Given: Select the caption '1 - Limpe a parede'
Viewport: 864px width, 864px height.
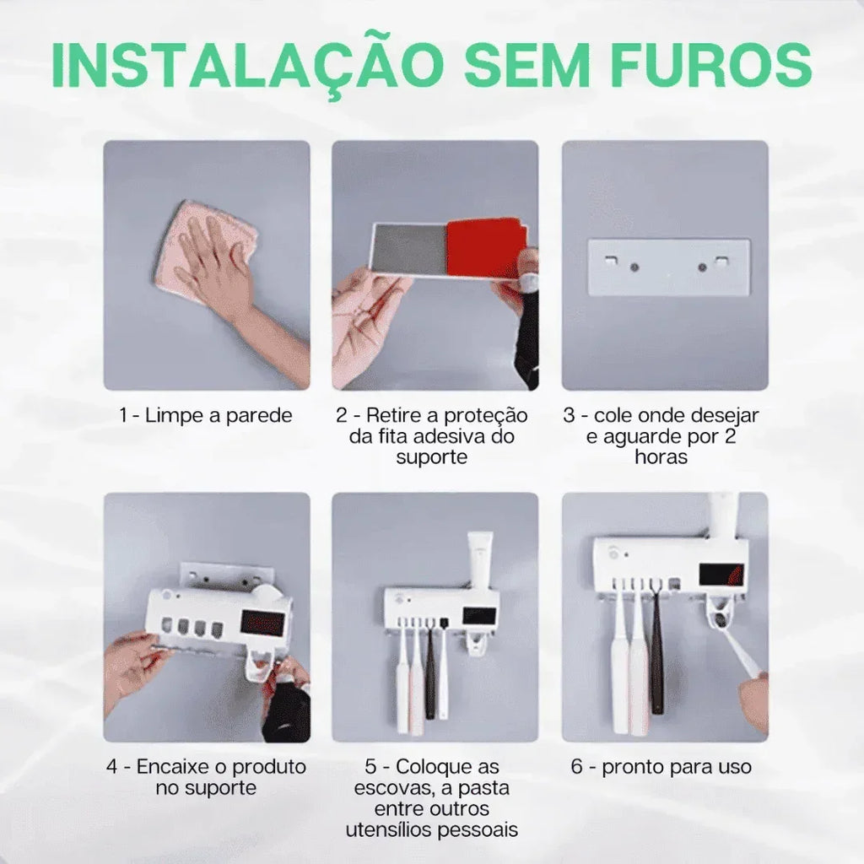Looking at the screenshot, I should tap(206, 415).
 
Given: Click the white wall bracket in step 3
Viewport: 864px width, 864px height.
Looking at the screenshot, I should tap(668, 267).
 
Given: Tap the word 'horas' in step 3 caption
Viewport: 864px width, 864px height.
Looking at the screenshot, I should tap(661, 456).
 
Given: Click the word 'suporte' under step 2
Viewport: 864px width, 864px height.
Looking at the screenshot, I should tap(431, 456).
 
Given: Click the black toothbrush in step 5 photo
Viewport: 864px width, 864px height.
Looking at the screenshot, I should tap(430, 675).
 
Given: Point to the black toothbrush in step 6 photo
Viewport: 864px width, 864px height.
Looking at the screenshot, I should tap(656, 658).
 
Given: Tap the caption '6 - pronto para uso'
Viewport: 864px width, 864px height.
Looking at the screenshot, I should tap(661, 767).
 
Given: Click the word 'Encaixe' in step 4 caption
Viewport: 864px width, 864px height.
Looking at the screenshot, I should tap(178, 767).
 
